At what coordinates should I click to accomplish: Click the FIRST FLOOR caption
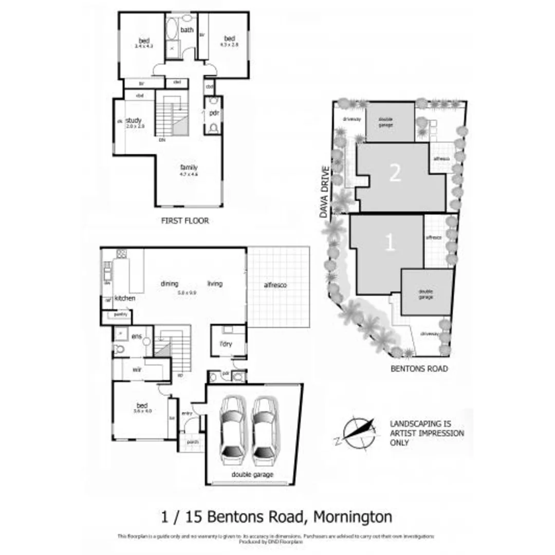[186, 221]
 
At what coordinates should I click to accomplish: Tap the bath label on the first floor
[187, 30]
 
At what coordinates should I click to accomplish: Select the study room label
[133, 121]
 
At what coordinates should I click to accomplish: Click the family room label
[189, 168]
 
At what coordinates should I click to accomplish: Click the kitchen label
[125, 298]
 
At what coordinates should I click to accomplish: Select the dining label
[169, 284]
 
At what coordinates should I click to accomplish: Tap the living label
[215, 284]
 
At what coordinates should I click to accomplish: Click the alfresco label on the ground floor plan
[275, 285]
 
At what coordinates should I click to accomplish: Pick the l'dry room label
[227, 344]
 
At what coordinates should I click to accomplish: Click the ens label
[136, 336]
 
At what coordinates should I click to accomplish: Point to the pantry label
[121, 314]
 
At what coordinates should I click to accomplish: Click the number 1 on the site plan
[390, 243]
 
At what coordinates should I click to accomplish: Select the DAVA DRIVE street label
[325, 193]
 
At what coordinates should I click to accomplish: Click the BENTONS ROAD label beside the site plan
[419, 368]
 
